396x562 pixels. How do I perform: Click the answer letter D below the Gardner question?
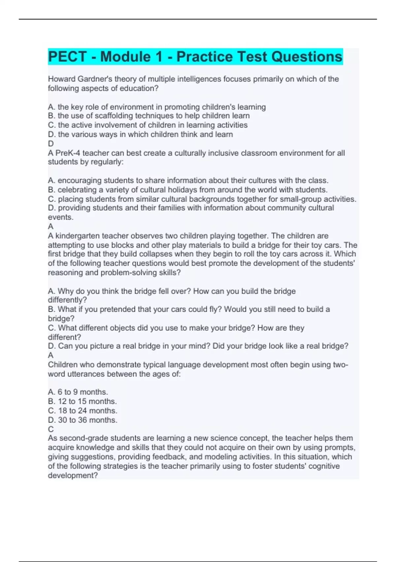[51, 143]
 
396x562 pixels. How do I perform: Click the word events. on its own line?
[61, 217]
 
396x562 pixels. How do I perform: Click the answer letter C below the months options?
[51, 429]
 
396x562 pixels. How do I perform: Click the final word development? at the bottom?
[73, 475]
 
